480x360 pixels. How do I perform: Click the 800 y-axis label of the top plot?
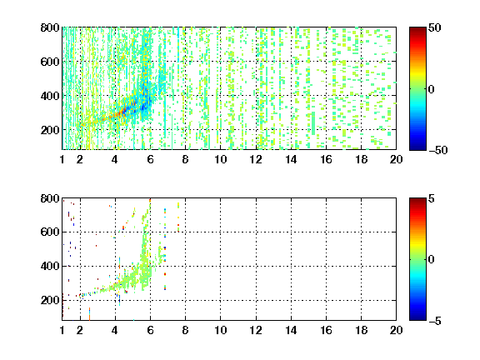(x=50, y=27)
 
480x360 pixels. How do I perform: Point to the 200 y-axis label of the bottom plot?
(x=50, y=300)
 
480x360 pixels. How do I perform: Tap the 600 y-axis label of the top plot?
(x=50, y=62)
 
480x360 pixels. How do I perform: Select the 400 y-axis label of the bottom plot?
(x=50, y=266)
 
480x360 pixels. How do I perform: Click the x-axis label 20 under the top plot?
(x=396, y=159)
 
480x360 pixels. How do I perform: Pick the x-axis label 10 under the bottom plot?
(x=220, y=330)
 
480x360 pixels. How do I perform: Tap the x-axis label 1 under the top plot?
(x=62, y=159)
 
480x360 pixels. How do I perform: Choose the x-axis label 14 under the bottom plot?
(x=291, y=330)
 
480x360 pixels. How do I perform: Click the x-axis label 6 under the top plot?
(x=150, y=159)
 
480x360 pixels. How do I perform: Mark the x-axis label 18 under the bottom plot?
(x=361, y=330)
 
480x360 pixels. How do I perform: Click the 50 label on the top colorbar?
(x=435, y=27)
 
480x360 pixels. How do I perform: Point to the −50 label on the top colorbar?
(x=438, y=150)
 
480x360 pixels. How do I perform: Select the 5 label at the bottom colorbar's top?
(x=432, y=198)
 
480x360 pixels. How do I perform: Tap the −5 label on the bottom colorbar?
(x=435, y=321)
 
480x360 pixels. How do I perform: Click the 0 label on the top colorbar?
(x=432, y=89)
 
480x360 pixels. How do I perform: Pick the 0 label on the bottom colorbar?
(x=432, y=260)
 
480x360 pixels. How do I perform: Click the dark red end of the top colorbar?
(x=417, y=29)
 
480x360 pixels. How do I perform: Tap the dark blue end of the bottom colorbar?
(x=417, y=318)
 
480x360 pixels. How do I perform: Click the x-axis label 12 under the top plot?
(x=256, y=159)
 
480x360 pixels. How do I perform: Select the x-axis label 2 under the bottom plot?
(x=80, y=330)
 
